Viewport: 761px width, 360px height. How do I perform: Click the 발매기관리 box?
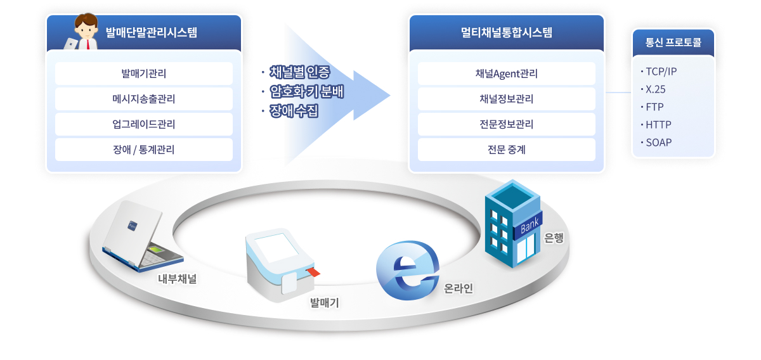point(144,74)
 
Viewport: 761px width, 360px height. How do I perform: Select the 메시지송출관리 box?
point(144,99)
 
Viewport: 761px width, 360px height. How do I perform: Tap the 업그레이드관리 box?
point(144,124)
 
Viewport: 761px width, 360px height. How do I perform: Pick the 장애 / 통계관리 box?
point(144,150)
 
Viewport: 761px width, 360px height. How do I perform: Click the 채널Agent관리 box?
point(506,74)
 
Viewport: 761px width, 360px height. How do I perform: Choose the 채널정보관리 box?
point(506,99)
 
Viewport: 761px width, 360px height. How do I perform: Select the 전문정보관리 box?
point(506,124)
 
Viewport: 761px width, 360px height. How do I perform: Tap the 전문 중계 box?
point(506,150)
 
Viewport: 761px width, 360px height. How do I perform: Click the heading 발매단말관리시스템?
point(152,32)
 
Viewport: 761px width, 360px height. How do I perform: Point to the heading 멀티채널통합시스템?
point(506,32)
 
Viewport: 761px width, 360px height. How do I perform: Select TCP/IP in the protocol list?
point(661,71)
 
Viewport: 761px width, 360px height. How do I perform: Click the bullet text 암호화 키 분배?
point(306,91)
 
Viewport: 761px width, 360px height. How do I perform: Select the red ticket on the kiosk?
point(313,272)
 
